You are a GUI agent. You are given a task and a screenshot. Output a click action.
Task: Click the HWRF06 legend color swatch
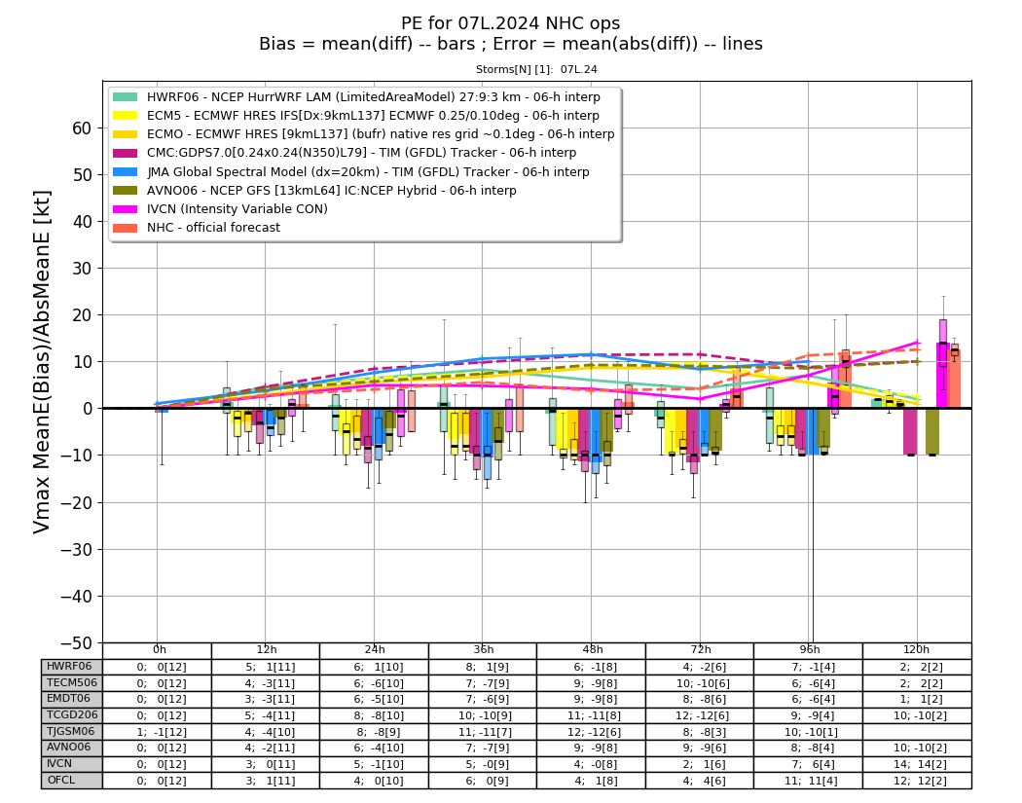pos(126,97)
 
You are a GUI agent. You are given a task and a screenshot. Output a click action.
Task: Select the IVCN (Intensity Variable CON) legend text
pos(237,208)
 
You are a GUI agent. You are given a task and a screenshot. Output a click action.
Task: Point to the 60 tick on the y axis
pos(82,128)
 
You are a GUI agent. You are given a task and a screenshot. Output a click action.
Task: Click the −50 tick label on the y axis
pos(76,642)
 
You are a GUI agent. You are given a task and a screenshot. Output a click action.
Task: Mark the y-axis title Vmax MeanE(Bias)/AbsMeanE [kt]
pos(41,362)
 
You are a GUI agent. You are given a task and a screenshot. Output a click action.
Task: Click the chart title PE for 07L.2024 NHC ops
pos(510,23)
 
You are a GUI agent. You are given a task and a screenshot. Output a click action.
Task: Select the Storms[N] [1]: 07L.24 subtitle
pos(536,69)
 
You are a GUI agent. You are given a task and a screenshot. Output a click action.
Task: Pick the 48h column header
pos(592,650)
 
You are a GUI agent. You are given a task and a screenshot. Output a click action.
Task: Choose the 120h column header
pos(917,650)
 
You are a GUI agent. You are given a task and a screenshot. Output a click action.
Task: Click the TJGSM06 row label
pos(70,731)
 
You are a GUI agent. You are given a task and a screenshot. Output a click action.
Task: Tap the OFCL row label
pos(60,781)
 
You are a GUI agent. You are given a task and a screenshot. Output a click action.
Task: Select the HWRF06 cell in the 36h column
pos(483,667)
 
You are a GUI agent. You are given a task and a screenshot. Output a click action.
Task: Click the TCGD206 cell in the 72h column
pos(700,715)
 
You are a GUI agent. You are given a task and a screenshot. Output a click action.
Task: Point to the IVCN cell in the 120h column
pos(917,764)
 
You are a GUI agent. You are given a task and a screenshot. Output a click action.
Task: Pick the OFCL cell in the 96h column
pos(809,781)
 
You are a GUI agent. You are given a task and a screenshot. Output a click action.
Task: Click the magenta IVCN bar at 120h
pos(943,376)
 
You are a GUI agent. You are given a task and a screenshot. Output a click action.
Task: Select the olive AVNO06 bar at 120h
pos(932,431)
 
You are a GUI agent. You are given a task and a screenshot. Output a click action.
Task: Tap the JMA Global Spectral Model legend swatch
pos(126,172)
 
